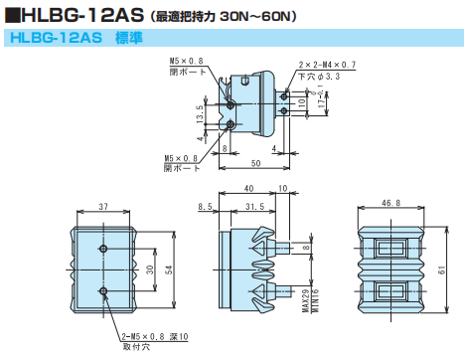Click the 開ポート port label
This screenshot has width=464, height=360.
coord(178,168)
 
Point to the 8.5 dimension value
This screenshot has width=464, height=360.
coord(206,207)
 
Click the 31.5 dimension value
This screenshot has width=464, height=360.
coord(254,207)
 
